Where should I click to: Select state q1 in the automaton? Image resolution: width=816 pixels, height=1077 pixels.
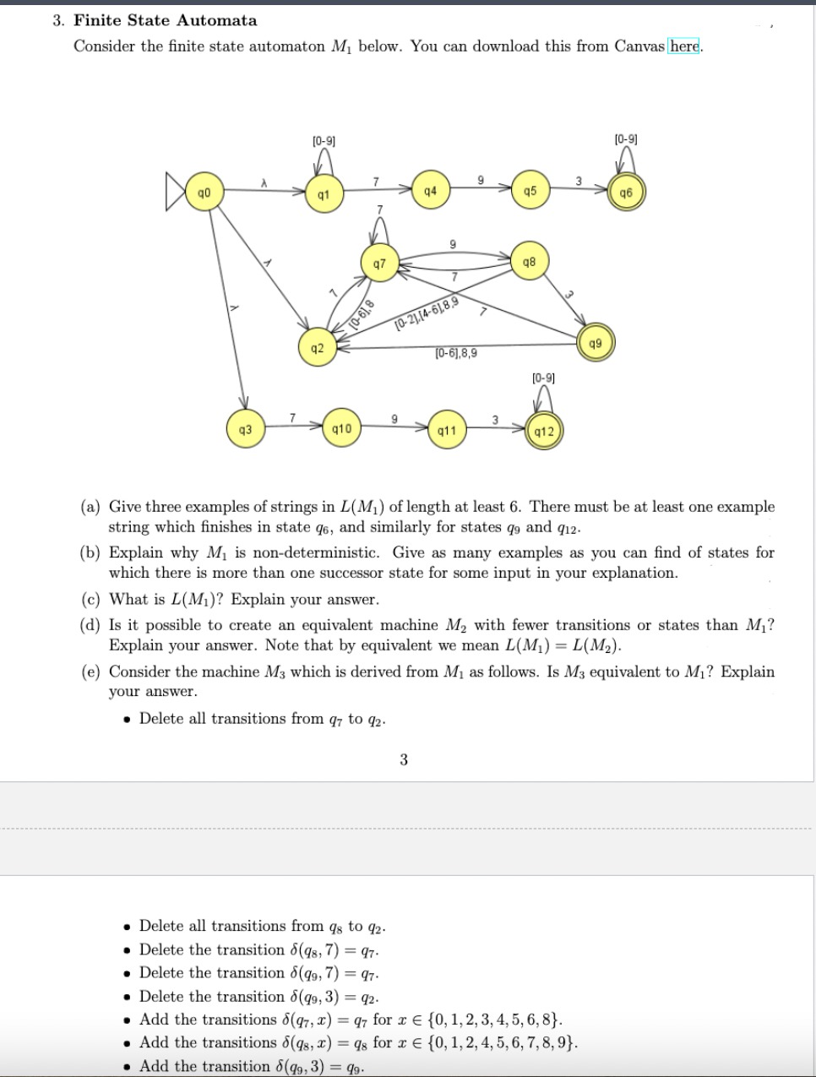[x=323, y=194]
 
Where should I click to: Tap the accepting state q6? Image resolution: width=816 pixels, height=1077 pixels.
[x=625, y=193]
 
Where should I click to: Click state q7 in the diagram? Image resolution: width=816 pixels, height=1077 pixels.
[x=379, y=264]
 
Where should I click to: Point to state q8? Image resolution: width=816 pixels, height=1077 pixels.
[x=529, y=261]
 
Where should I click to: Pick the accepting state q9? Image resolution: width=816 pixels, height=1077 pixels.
[x=596, y=343]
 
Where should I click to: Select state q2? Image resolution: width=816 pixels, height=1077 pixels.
[x=316, y=348]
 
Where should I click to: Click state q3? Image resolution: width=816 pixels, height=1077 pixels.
[x=246, y=429]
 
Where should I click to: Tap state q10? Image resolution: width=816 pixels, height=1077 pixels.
[x=342, y=429]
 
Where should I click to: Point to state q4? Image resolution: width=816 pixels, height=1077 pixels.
[x=431, y=191]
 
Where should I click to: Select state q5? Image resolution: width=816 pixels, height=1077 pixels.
[x=530, y=191]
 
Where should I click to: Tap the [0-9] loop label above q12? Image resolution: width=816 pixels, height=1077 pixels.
[x=543, y=378]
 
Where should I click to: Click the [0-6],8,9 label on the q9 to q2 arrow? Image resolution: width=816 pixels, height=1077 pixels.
[x=455, y=354]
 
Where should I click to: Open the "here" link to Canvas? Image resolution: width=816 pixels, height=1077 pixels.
[x=684, y=46]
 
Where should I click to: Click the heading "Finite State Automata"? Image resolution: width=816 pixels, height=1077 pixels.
[x=166, y=20]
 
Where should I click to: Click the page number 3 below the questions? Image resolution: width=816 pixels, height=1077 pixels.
[x=404, y=759]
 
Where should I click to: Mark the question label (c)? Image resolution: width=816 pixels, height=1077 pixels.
[x=90, y=600]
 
